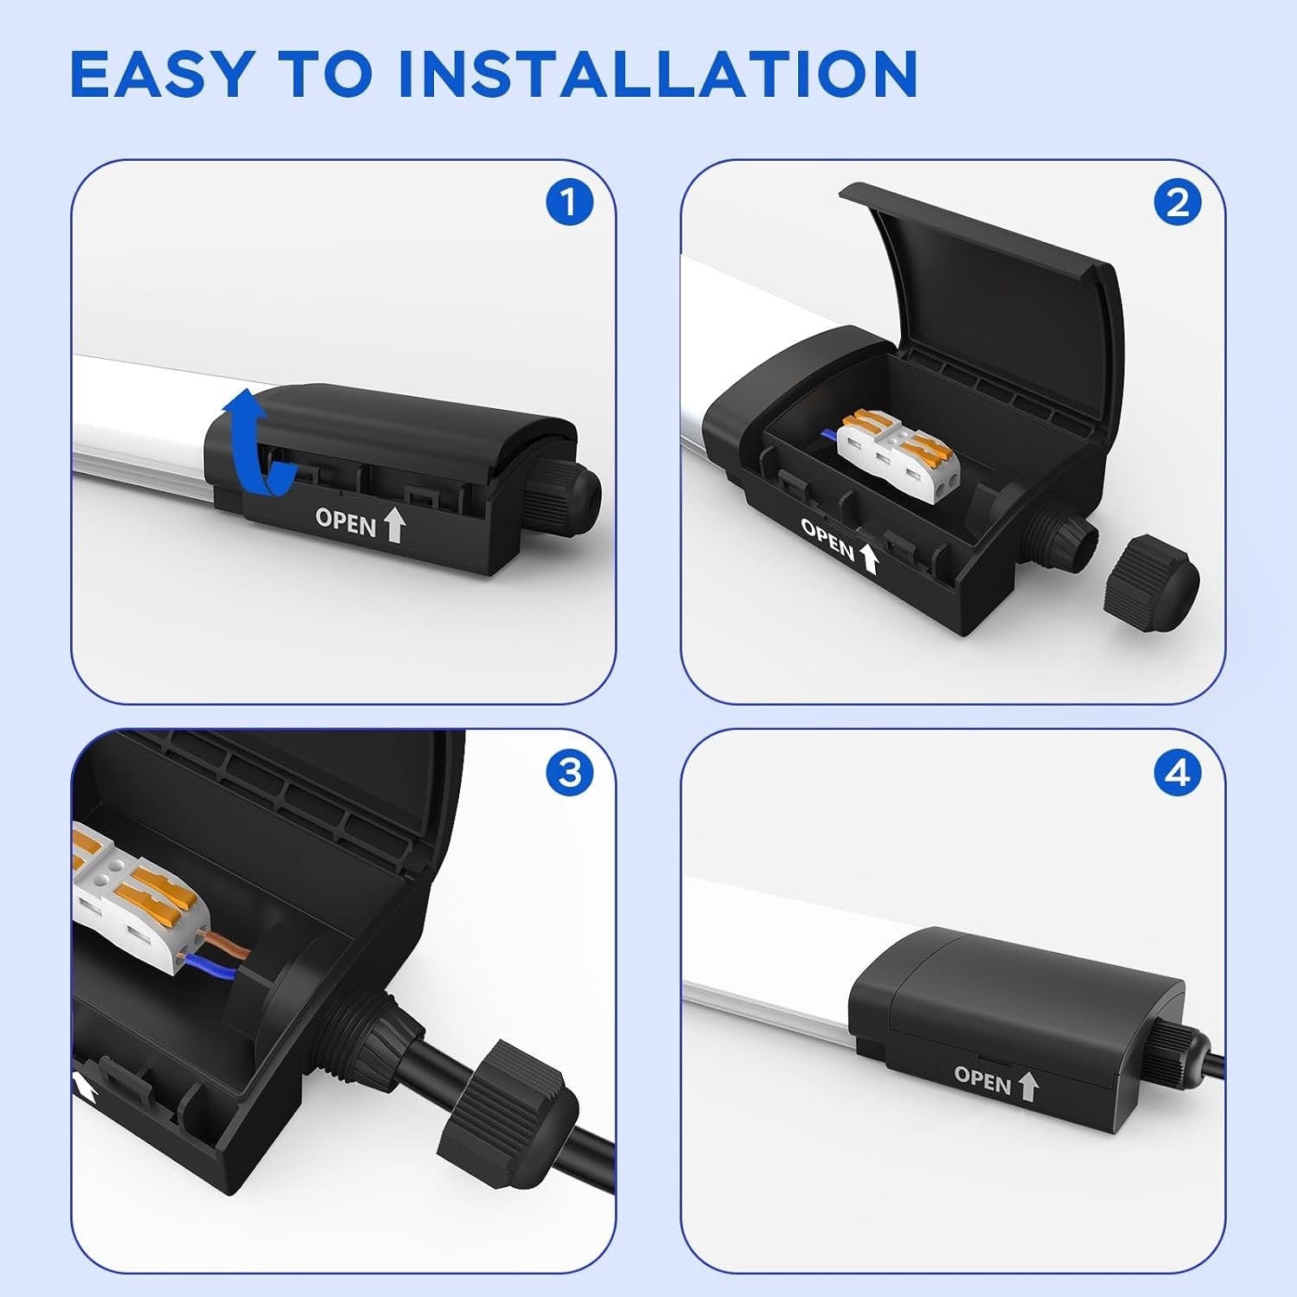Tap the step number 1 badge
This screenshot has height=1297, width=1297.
(x=569, y=204)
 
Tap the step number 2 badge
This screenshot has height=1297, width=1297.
(x=1178, y=204)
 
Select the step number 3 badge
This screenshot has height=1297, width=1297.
(x=569, y=772)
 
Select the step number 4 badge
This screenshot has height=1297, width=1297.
(x=1178, y=772)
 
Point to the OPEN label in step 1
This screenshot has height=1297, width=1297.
(x=346, y=522)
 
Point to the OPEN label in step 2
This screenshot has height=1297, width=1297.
(x=827, y=540)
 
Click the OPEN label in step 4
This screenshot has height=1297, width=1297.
(x=982, y=1079)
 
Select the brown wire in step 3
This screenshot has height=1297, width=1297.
(x=227, y=944)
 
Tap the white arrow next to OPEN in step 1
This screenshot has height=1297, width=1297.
(x=394, y=525)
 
